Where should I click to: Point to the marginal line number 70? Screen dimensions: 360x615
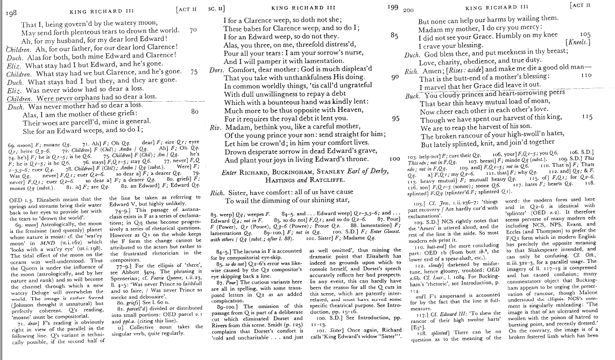194,30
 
